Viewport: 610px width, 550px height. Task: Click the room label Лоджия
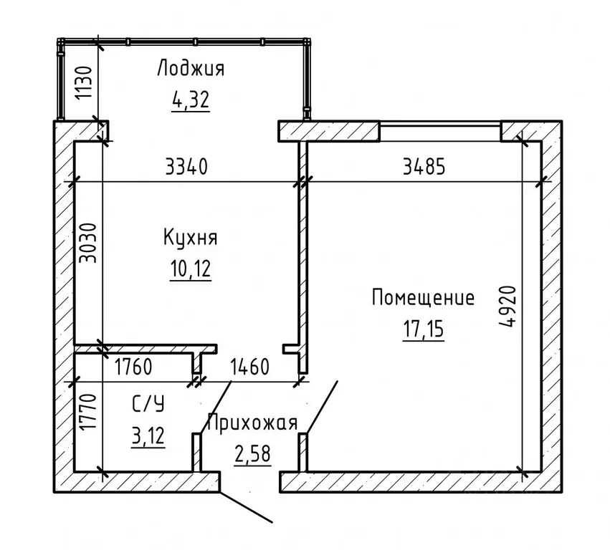(190, 69)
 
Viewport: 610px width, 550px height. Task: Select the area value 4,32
(190, 100)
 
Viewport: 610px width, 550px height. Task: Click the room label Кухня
(190, 237)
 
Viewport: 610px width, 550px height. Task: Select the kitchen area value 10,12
(190, 269)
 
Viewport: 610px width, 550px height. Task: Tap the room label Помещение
(423, 297)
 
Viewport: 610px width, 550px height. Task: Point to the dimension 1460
(249, 368)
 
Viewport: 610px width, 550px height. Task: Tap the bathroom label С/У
(148, 405)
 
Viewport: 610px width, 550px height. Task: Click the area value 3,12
(148, 435)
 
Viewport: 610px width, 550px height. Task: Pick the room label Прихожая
(252, 423)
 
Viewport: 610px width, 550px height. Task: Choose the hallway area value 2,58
(252, 454)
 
